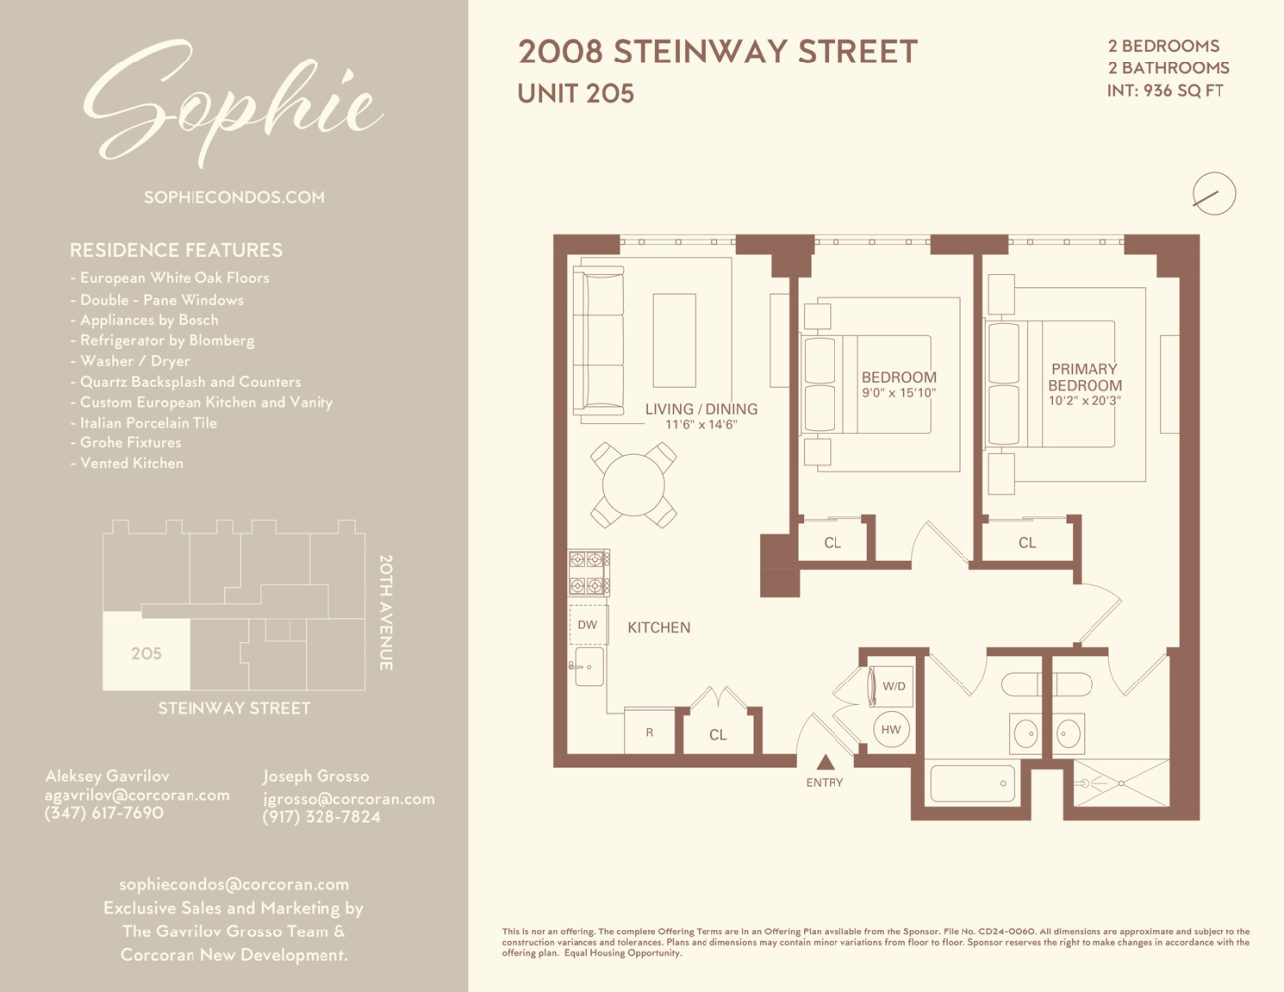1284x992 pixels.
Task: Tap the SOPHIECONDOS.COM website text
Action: click(234, 197)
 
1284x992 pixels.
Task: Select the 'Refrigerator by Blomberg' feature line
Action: click(163, 340)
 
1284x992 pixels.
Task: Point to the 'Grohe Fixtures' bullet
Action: click(126, 442)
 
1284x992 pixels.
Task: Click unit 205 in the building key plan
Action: click(147, 653)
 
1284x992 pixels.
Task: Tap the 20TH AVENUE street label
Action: click(386, 612)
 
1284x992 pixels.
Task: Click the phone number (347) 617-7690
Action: click(103, 813)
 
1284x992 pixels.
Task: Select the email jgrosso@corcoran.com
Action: click(348, 799)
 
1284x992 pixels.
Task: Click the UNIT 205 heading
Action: click(576, 94)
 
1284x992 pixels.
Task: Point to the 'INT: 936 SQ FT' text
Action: click(1165, 91)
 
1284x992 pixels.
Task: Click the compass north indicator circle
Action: click(1215, 193)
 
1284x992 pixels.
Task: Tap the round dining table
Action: click(633, 485)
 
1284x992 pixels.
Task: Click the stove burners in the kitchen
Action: click(589, 572)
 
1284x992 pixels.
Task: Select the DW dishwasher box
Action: click(588, 624)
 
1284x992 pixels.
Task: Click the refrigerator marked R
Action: click(649, 732)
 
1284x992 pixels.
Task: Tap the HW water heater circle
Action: click(891, 730)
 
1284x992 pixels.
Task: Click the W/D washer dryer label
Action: click(894, 686)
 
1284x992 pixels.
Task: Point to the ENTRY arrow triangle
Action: click(826, 762)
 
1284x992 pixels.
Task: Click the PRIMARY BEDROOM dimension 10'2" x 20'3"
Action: click(1085, 401)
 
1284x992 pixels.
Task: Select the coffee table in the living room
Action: click(674, 340)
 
